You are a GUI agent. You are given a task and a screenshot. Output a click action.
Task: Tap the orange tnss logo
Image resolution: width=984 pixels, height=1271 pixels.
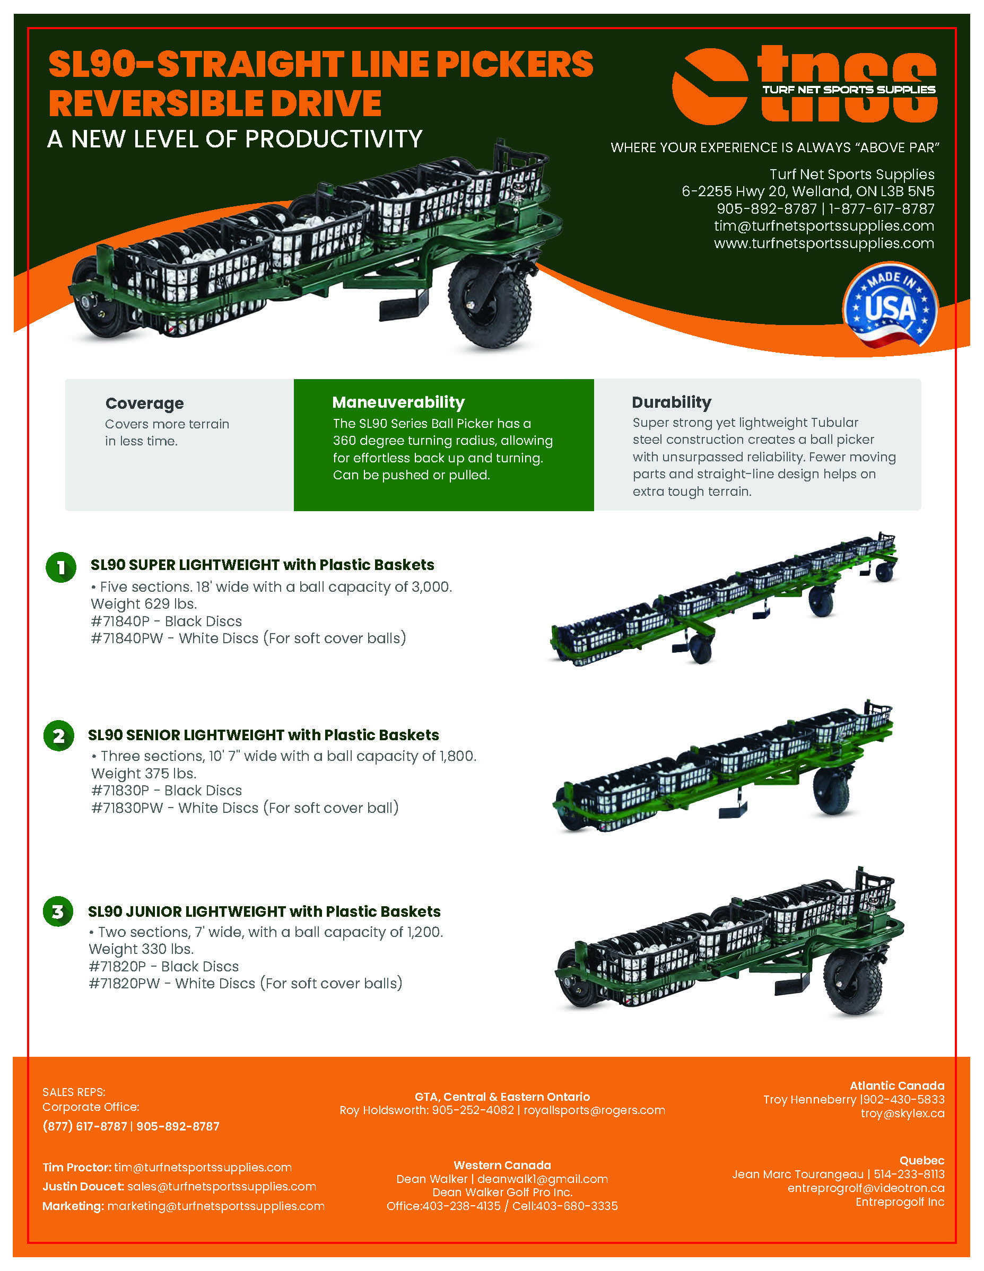coord(805,86)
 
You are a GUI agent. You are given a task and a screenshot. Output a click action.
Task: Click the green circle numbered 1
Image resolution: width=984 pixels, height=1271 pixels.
coord(60,567)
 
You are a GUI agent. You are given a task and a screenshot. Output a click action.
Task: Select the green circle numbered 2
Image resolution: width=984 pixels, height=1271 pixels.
coord(59,735)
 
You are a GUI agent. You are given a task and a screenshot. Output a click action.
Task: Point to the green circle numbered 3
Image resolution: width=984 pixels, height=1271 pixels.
coord(58,911)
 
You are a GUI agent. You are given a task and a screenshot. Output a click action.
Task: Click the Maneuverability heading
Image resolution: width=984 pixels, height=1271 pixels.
coord(398,402)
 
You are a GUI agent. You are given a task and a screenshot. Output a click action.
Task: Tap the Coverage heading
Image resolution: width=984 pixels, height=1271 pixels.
coord(144,404)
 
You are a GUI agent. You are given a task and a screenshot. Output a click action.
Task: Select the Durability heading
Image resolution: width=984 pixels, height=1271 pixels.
coord(672,402)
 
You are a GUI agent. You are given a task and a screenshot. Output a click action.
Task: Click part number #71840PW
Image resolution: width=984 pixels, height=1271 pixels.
coord(127,638)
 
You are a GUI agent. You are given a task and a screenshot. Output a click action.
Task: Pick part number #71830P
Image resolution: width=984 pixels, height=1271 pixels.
coord(120,790)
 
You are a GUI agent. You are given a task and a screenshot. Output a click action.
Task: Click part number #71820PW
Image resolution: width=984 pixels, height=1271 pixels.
coord(124,984)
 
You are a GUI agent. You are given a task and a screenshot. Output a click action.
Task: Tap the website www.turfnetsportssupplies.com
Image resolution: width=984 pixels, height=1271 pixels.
coord(824,243)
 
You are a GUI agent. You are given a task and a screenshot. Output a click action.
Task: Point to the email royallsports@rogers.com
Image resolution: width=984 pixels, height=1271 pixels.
coord(594,1110)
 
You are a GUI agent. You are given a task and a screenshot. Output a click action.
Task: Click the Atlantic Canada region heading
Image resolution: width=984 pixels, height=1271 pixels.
coord(896,1085)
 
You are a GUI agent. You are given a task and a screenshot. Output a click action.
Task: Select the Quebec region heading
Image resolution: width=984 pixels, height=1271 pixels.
coord(922,1160)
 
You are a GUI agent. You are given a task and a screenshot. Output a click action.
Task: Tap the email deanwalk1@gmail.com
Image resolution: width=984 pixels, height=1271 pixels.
coord(543,1179)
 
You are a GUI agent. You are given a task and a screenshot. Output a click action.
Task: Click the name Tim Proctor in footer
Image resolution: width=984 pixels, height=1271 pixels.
coord(77,1168)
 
